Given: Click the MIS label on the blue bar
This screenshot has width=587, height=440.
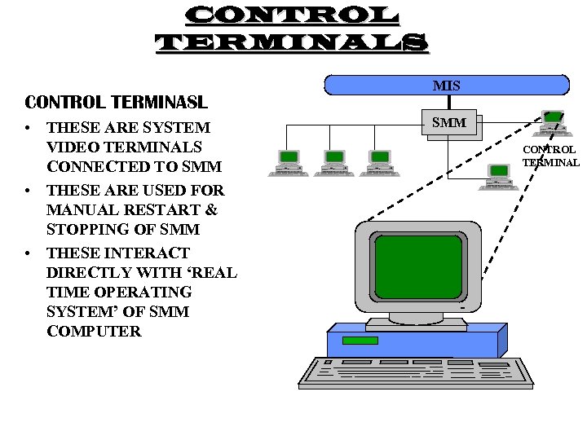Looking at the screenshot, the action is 447,86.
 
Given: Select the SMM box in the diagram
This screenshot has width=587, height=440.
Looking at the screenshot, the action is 448,123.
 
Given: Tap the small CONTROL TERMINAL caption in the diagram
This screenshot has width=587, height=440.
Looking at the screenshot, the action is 550,156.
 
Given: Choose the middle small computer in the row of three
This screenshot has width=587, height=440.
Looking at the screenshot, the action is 335,162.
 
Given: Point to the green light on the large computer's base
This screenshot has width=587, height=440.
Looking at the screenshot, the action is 360,341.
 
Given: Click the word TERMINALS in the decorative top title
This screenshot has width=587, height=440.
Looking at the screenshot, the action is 291,42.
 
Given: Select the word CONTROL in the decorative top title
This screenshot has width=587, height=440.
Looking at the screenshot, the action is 291,15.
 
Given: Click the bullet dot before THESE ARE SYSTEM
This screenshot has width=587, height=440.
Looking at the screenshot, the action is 28,129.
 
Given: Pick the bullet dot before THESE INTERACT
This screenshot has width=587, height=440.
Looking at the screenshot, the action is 28,253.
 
